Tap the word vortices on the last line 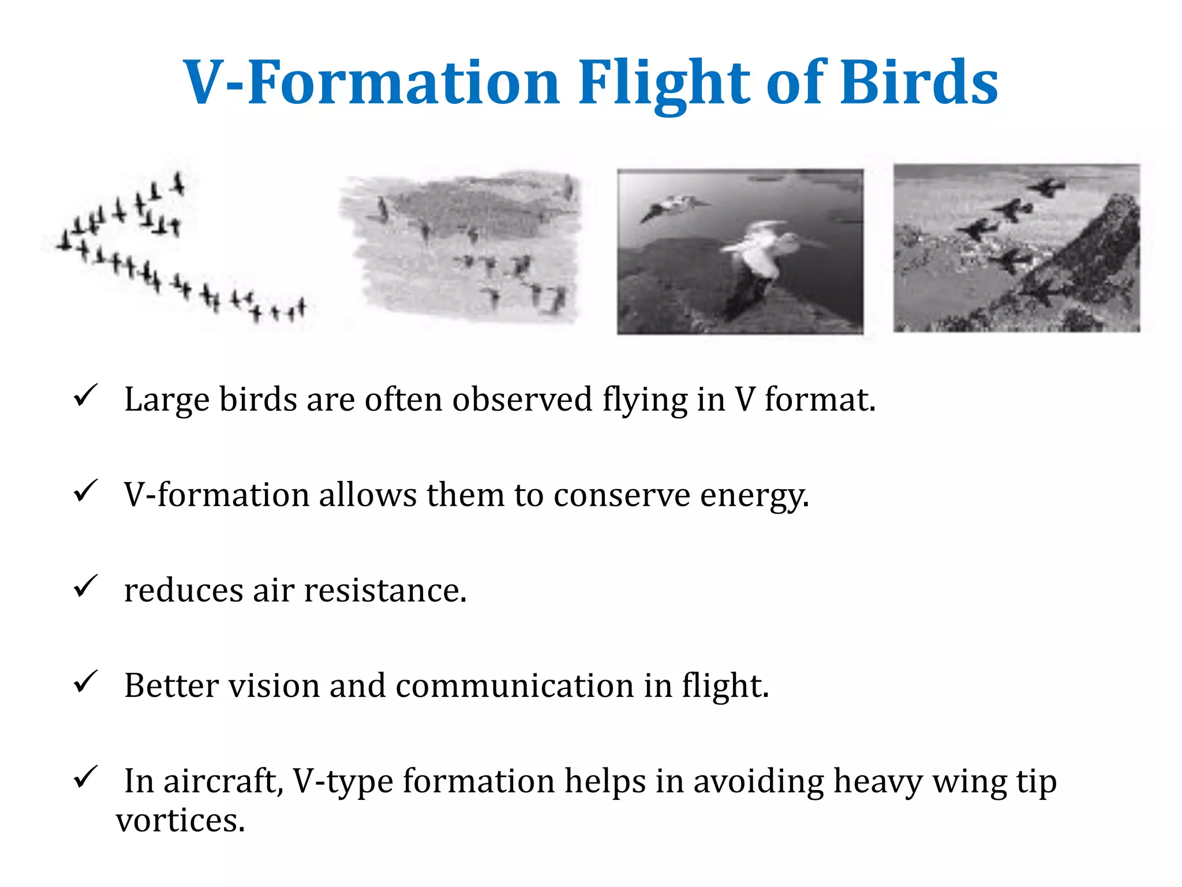[181, 820]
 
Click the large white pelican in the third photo [762, 254]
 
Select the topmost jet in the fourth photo [1048, 187]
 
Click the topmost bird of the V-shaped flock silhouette [179, 183]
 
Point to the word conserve [622, 495]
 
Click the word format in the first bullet [820, 400]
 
